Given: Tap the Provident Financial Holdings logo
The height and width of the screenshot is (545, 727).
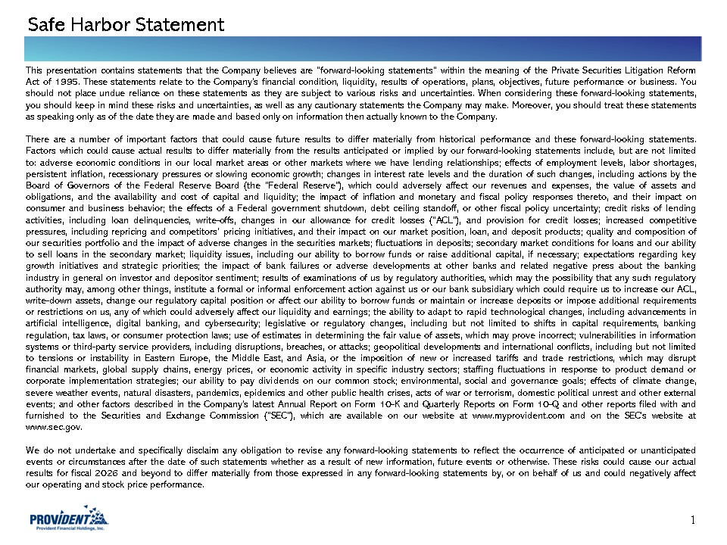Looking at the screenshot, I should tap(67, 520).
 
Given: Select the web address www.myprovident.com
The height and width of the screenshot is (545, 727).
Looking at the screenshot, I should tap(514, 416).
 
